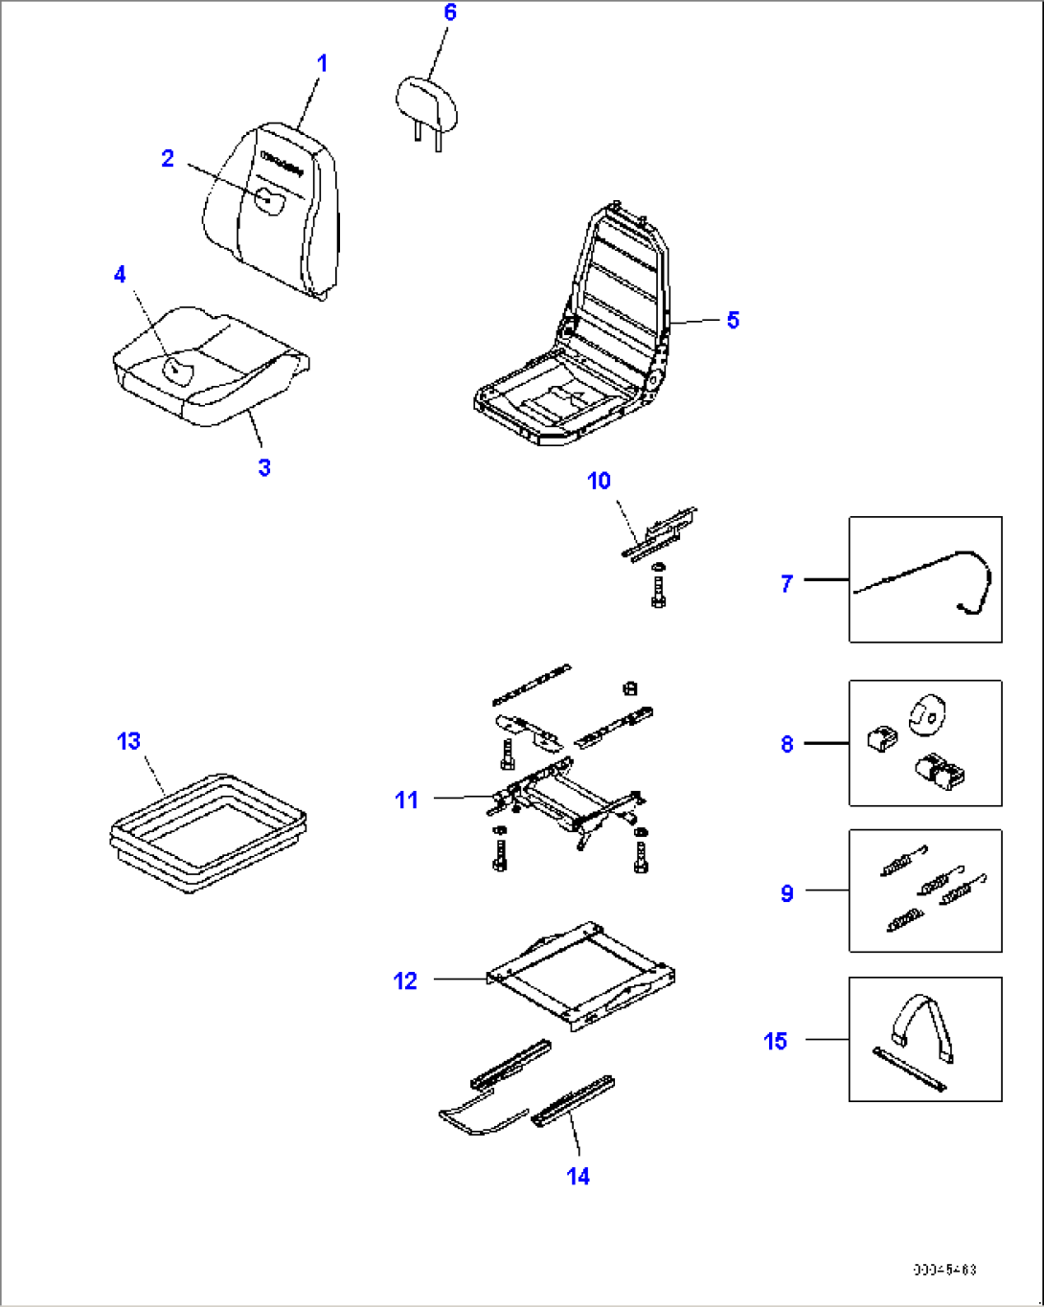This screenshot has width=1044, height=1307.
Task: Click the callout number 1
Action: (323, 64)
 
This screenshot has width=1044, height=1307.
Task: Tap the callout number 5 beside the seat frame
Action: (733, 320)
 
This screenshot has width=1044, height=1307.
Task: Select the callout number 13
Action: (128, 741)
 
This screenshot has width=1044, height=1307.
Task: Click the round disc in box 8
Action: (926, 714)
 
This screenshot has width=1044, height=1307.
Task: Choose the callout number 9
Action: (787, 893)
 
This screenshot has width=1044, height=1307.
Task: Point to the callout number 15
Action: (776, 1041)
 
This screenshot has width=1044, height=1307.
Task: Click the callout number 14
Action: (579, 1176)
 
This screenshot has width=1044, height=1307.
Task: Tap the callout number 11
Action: (407, 800)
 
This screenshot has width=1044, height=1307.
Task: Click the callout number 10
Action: (599, 481)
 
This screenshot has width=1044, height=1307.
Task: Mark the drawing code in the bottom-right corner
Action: (943, 1271)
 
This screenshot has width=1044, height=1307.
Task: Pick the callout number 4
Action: (120, 275)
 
